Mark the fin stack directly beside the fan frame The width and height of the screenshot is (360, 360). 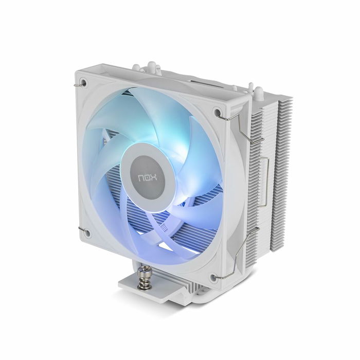262,170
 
